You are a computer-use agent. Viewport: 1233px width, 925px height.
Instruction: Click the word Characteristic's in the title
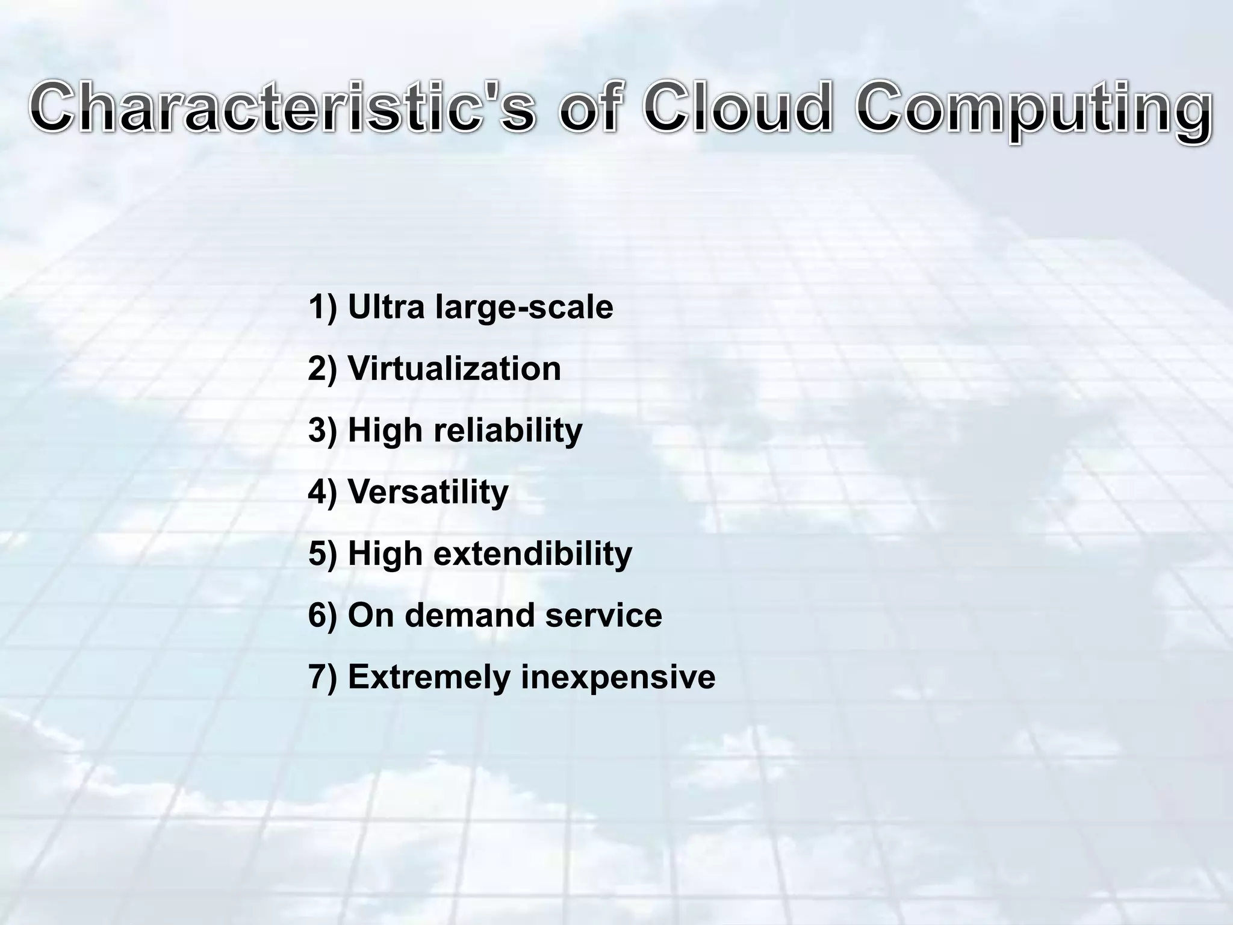point(282,108)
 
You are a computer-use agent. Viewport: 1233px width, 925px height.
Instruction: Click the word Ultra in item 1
point(386,307)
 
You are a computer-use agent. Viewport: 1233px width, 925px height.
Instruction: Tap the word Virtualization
point(454,369)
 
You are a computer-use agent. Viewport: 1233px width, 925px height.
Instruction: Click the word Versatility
point(428,492)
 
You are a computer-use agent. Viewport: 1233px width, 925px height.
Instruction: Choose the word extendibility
point(533,553)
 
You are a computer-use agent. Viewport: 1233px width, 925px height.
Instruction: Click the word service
point(603,615)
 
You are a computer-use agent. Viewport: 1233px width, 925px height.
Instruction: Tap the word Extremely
point(429,677)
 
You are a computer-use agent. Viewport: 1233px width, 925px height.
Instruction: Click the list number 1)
point(323,307)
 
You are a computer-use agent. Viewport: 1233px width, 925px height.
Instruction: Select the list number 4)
point(323,492)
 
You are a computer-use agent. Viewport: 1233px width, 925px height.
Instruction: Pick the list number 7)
point(323,677)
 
